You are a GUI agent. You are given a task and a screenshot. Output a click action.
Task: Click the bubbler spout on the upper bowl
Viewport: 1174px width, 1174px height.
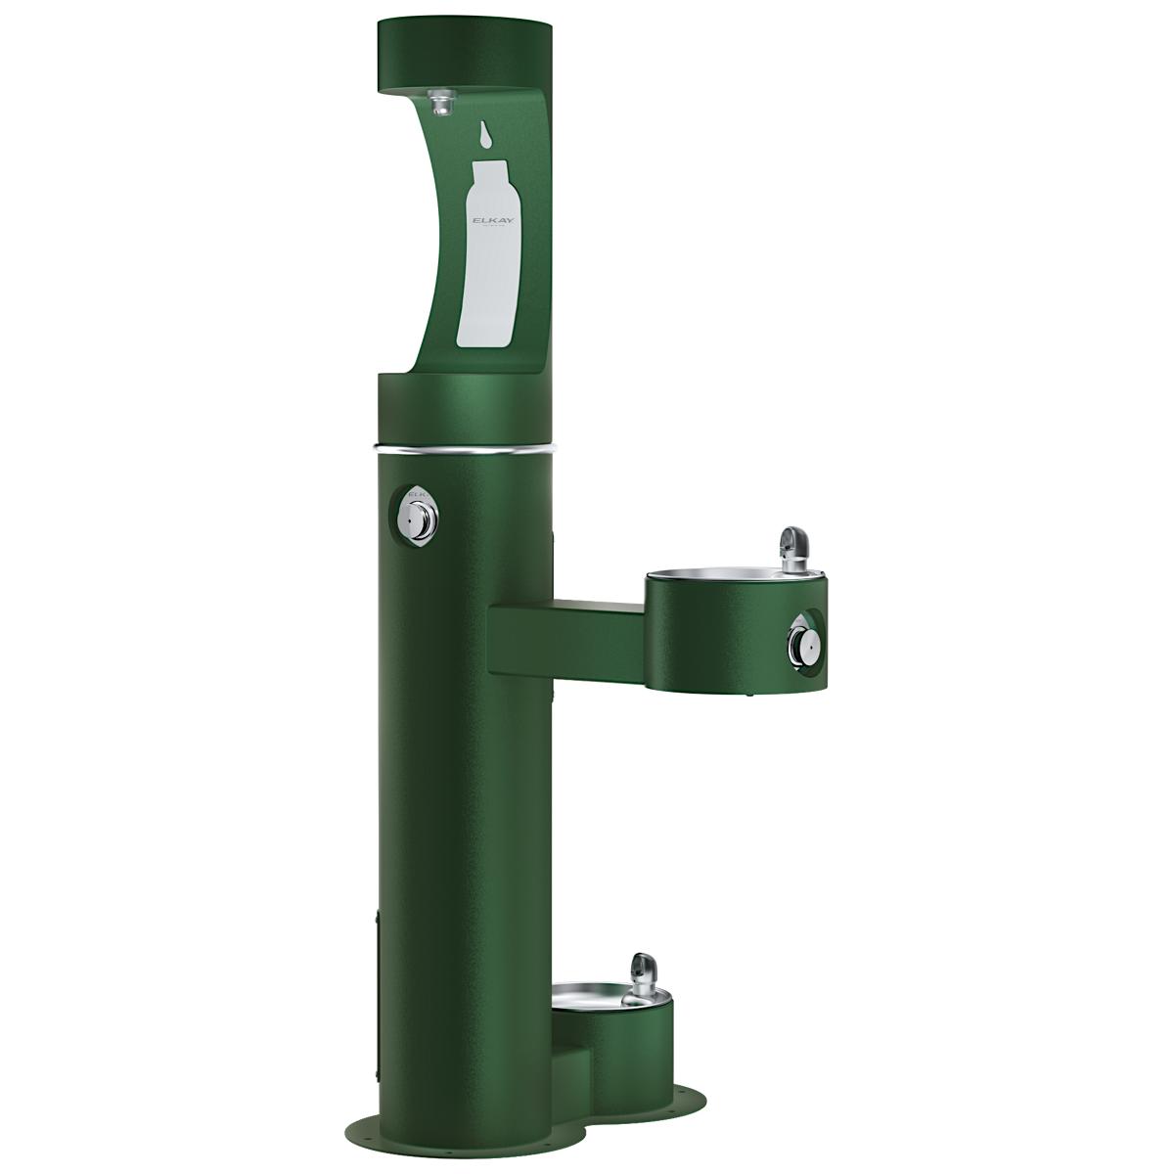[x=790, y=542]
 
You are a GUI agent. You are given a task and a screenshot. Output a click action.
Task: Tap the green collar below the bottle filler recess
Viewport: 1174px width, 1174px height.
[x=464, y=406]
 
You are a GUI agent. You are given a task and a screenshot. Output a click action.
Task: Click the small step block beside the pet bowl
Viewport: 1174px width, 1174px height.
[x=572, y=1057]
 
